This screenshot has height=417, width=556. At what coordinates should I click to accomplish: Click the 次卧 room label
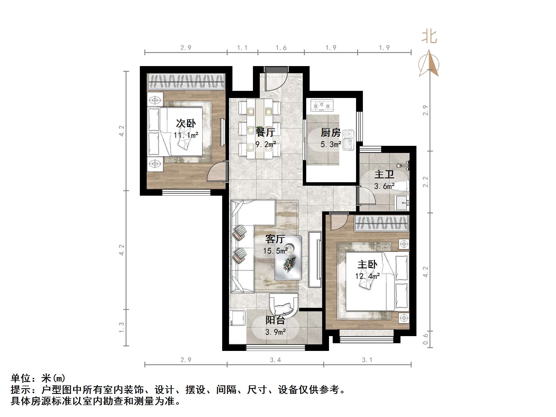point(186,123)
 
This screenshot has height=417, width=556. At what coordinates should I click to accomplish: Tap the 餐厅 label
point(265,132)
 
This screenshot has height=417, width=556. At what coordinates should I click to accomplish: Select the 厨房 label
point(330,132)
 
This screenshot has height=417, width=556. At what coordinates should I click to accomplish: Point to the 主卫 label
point(384,174)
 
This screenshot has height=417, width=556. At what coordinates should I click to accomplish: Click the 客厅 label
point(275,239)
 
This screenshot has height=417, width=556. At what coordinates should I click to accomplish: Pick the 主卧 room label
point(367,264)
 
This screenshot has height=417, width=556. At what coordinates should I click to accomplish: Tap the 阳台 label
point(275,320)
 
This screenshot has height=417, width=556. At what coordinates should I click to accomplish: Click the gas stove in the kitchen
point(322,105)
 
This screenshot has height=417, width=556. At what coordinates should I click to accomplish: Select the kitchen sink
point(348,140)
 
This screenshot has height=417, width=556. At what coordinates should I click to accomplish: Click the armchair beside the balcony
point(284,306)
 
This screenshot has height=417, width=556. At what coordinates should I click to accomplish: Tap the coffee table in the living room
point(288,258)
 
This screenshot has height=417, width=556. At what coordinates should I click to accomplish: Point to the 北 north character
point(429,37)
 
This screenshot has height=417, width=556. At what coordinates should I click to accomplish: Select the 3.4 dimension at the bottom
point(275,360)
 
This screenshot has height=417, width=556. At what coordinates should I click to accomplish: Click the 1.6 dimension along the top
point(281,48)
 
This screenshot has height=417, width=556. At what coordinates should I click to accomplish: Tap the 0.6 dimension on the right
point(425,339)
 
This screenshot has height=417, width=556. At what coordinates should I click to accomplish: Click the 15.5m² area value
point(275,251)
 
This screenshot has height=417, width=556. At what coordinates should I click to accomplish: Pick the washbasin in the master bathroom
point(402,203)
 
